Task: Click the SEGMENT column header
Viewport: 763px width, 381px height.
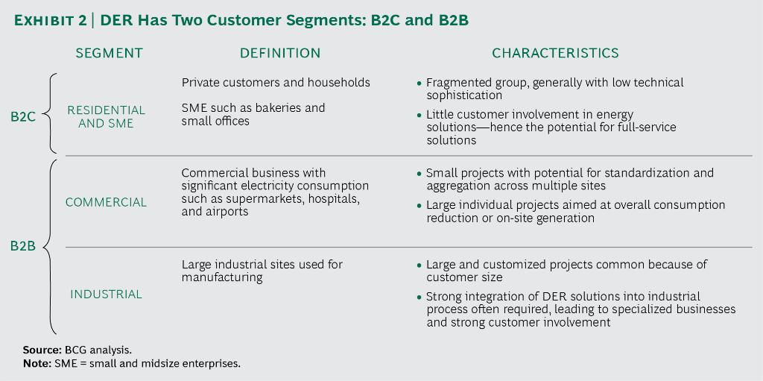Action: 109,54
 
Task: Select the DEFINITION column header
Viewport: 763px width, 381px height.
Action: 280,54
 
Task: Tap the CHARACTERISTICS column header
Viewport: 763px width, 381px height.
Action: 555,54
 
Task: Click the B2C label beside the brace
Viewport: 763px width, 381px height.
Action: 24,116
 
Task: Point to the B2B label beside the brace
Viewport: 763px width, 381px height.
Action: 23,246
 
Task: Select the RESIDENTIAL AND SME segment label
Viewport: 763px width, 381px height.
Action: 106,116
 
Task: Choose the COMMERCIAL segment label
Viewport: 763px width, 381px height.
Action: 106,202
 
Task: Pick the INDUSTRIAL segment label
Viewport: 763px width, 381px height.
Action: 106,295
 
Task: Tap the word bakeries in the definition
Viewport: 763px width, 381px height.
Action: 266,108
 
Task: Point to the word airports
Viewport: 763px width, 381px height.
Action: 227,212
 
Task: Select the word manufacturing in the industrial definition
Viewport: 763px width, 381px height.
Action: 222,277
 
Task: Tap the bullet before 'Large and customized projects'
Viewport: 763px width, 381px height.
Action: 419,265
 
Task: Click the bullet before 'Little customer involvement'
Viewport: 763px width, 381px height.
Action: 419,116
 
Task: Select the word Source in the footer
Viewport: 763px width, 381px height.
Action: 39,349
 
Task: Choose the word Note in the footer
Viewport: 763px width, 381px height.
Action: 36,363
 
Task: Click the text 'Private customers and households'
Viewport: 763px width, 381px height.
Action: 276,82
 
